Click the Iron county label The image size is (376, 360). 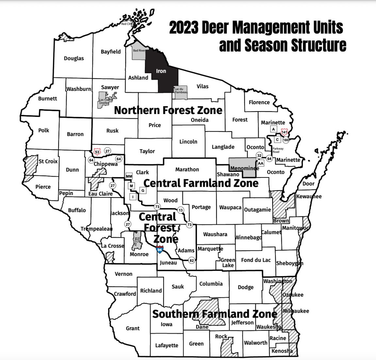tap(161, 71)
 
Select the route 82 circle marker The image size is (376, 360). tap(191, 260)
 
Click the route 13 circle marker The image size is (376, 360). tap(180, 210)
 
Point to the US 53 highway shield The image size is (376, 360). tap(97, 152)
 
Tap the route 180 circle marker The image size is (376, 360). tap(286, 140)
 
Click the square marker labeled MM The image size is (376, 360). tap(129, 176)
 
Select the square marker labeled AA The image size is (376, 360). tap(260, 163)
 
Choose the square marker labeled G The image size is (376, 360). tap(143, 190)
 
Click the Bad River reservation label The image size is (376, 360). tap(139, 51)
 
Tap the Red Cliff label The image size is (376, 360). tap(126, 24)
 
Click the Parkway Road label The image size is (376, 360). tap(278, 150)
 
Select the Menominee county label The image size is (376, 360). tap(244, 168)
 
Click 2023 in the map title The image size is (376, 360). tap(184, 28)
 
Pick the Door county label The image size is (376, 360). tap(308, 184)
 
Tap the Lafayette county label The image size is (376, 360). tap(167, 345)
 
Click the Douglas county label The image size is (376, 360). tap(74, 58)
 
